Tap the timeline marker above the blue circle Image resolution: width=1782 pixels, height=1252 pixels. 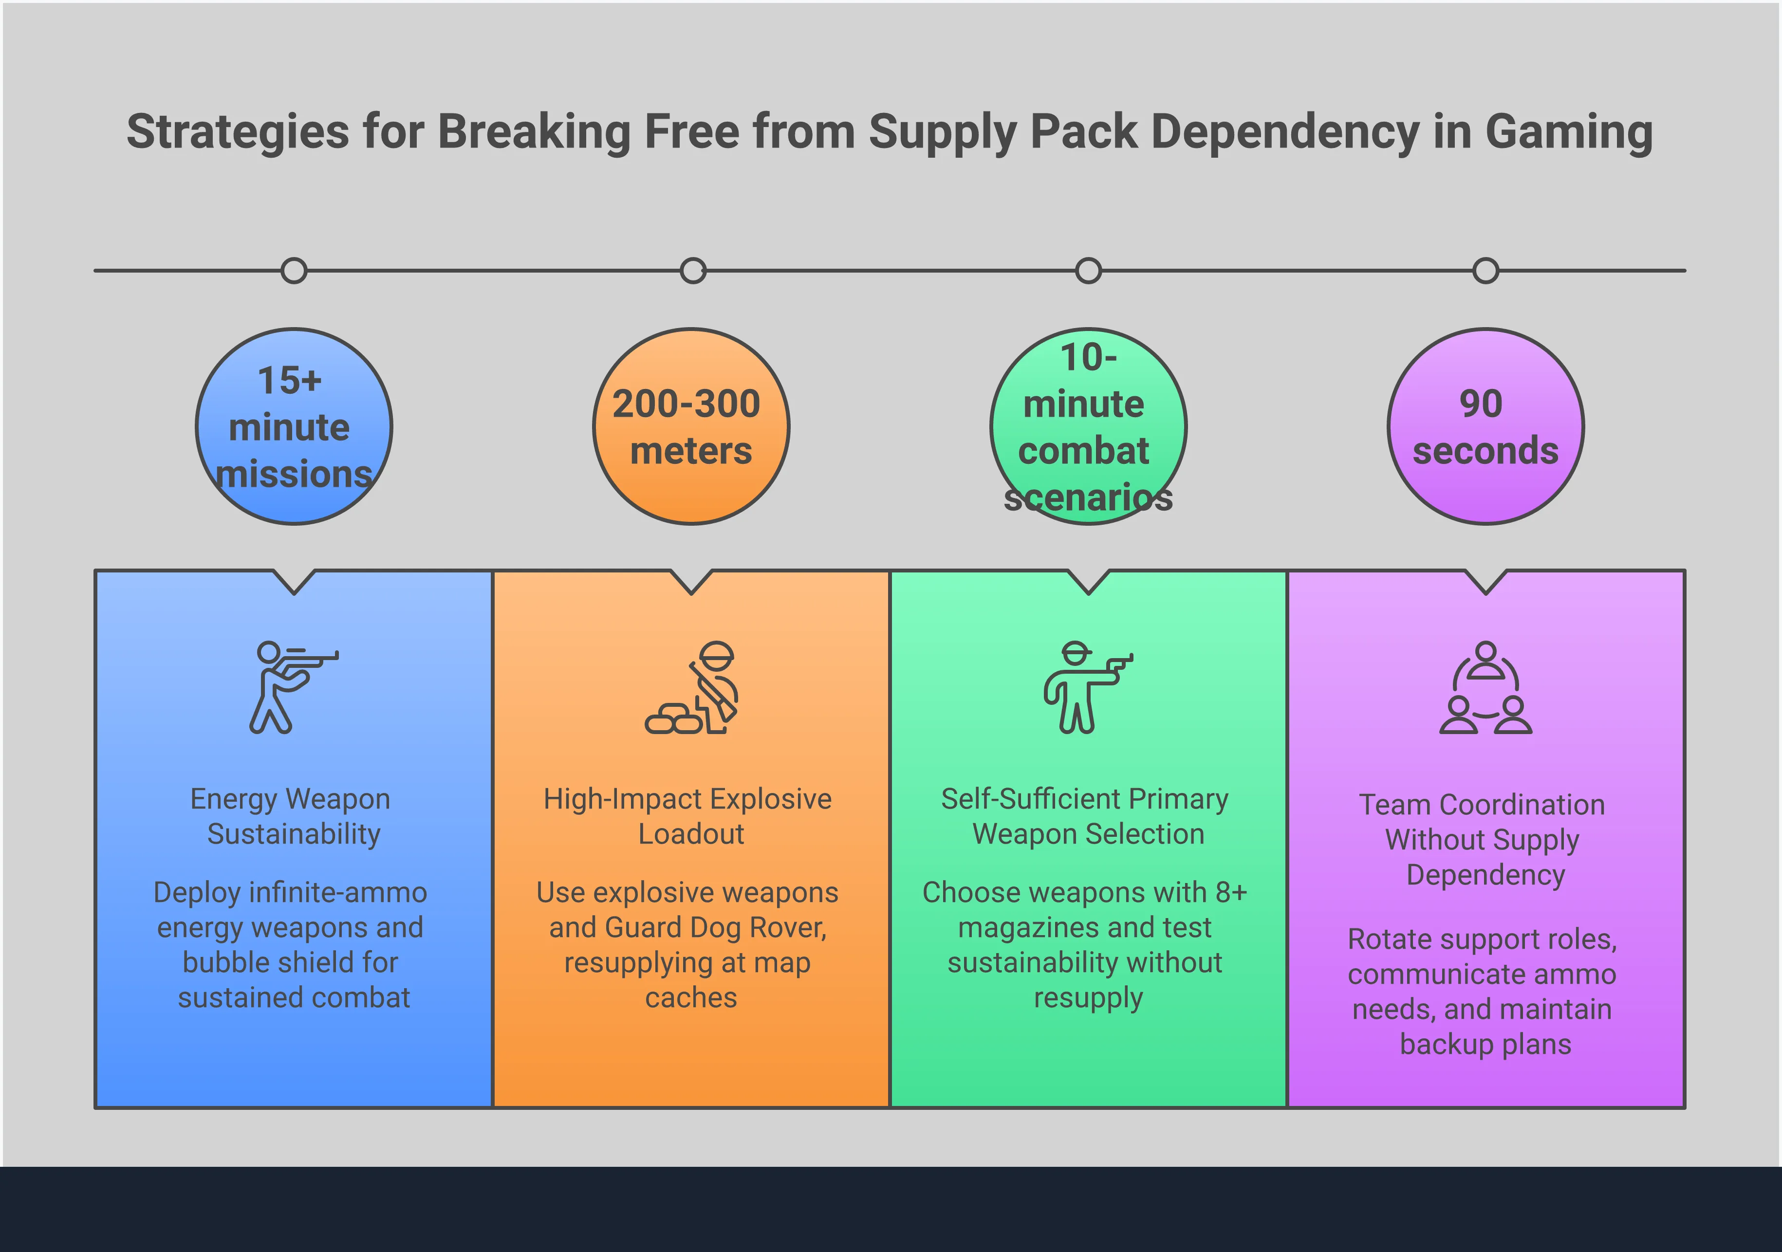pos(294,271)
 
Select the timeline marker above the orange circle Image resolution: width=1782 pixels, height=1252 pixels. pos(692,271)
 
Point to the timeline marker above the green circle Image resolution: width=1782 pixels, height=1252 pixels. pos(1088,271)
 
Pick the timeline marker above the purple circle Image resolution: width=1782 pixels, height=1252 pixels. pos(1485,271)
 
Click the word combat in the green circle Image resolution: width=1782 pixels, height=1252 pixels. pos(1083,451)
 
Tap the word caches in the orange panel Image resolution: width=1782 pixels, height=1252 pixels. pos(691,997)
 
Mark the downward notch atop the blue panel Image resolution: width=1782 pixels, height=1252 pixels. pos(294,584)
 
